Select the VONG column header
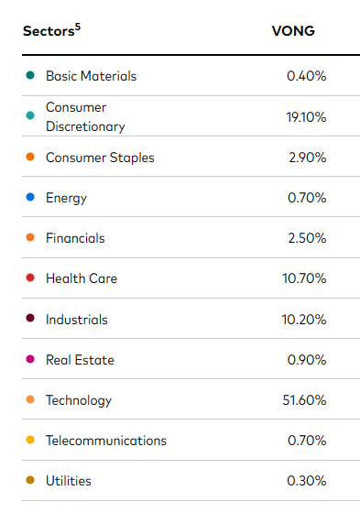coord(292,29)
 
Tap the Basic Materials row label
coord(91,76)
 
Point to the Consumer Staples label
coord(100,158)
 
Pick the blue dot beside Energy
coord(31,198)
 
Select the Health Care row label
coord(82,278)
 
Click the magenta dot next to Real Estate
coord(31,360)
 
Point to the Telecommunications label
coord(106,441)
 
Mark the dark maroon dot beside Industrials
coord(31,320)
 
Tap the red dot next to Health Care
coord(31,278)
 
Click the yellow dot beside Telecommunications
coord(31,441)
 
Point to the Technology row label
coord(79,400)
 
